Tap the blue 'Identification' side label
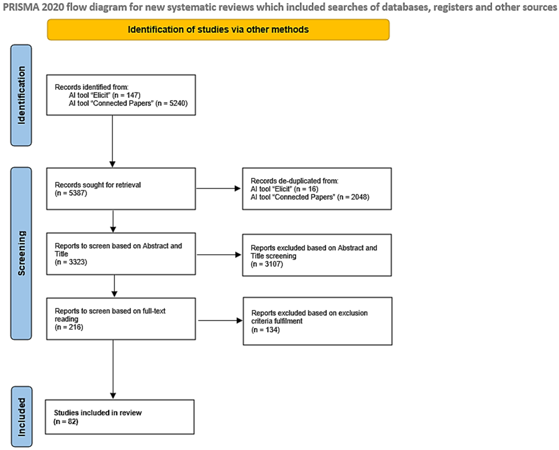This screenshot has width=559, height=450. (x=21, y=95)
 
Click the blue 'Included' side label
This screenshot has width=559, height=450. (x=22, y=417)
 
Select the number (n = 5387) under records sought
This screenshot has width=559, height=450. (x=71, y=193)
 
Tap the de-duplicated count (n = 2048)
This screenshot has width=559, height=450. (x=353, y=197)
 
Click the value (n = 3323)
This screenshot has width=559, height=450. (x=71, y=262)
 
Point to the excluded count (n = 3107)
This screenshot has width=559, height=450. (x=267, y=264)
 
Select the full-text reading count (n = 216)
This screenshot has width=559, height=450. (x=69, y=327)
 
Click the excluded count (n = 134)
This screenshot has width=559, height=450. (x=265, y=330)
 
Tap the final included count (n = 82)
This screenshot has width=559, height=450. (x=66, y=422)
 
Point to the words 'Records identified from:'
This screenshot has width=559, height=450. (x=92, y=87)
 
